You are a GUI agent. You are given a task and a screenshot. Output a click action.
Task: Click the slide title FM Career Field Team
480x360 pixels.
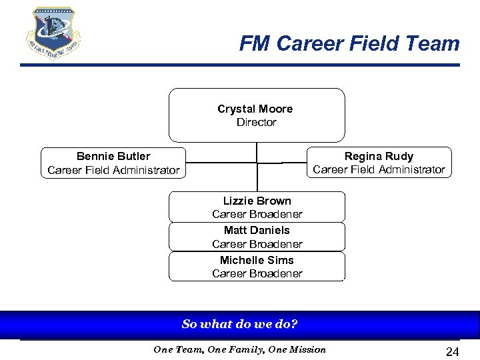tap(349, 44)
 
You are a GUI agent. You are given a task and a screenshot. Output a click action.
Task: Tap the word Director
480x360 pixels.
tap(256, 123)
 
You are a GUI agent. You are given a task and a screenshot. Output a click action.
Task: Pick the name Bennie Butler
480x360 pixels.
tap(113, 157)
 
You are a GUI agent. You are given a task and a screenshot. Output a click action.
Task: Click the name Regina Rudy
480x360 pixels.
tap(379, 156)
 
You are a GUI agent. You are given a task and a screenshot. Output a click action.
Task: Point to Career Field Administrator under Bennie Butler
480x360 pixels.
tap(113, 171)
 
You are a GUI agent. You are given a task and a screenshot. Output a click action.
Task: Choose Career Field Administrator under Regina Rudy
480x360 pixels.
tap(379, 170)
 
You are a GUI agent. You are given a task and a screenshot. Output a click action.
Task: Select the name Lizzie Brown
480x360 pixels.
tap(257, 201)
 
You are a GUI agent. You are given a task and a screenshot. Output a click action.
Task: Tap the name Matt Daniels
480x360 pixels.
tap(257, 230)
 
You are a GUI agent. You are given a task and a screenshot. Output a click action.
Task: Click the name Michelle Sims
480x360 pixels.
tap(257, 260)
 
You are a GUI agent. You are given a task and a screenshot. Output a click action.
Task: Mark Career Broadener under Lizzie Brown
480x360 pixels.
tap(257, 215)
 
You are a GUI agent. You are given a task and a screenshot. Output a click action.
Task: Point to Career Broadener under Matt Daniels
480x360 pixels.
tap(257, 244)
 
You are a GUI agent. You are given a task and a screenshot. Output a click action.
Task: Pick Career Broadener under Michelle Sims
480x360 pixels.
tap(257, 273)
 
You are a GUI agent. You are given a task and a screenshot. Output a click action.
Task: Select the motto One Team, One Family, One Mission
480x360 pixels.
tap(240, 349)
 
